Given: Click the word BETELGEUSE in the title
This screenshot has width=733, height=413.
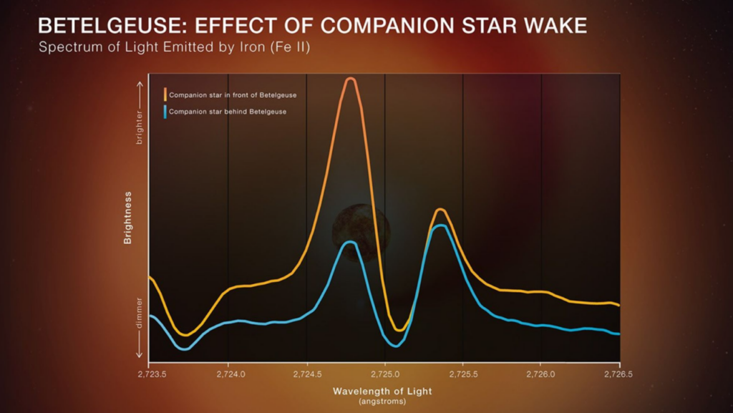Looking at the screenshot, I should pyautogui.click(x=102, y=26).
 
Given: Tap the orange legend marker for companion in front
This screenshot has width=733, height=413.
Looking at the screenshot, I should pyautogui.click(x=165, y=94).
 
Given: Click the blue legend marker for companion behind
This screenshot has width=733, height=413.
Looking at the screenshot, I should pyautogui.click(x=165, y=112).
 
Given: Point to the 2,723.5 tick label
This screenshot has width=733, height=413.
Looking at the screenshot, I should pyautogui.click(x=149, y=374).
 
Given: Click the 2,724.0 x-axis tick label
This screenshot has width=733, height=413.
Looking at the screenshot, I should pyautogui.click(x=228, y=374).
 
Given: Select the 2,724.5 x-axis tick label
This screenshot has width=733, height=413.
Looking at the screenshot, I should pyautogui.click(x=306, y=374).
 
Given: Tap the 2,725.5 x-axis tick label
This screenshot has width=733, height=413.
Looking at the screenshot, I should pyautogui.click(x=463, y=374).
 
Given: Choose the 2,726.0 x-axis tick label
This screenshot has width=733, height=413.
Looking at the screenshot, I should pyautogui.click(x=541, y=374).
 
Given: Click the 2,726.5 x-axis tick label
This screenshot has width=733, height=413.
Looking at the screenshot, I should pyautogui.click(x=619, y=374).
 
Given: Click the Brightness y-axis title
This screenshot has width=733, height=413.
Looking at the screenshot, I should pyautogui.click(x=127, y=218).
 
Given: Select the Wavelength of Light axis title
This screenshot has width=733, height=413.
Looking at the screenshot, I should pyautogui.click(x=382, y=392).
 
